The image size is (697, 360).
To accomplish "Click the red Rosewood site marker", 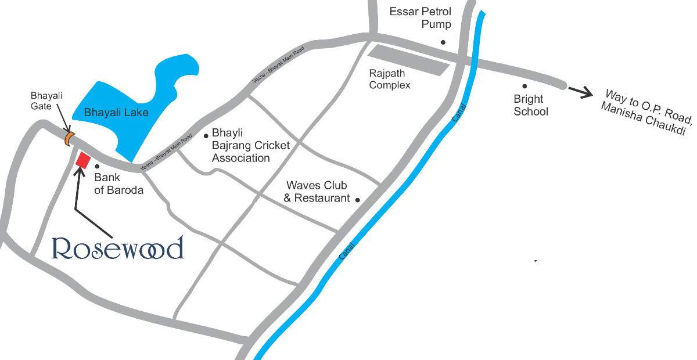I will (83, 160).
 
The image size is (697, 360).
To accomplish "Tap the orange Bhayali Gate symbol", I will (69, 138).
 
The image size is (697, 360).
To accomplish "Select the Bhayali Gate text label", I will (46, 101).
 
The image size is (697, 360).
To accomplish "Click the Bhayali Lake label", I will (116, 113).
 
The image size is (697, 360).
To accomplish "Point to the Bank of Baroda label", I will (118, 184).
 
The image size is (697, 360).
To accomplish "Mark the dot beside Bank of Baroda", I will (96, 166).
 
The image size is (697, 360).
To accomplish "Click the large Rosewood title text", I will (118, 248).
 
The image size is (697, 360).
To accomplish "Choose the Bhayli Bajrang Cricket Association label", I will (250, 145).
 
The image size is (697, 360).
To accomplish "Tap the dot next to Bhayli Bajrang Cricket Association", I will (206, 136).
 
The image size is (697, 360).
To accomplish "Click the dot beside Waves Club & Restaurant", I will (357, 200).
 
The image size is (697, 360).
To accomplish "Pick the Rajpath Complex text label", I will (390, 80).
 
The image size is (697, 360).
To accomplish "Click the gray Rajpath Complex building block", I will (409, 60).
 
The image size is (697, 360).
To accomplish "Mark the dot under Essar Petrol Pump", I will (443, 42).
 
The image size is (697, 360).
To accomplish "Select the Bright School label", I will (530, 105).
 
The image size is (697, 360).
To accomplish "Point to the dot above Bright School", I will (524, 86).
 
